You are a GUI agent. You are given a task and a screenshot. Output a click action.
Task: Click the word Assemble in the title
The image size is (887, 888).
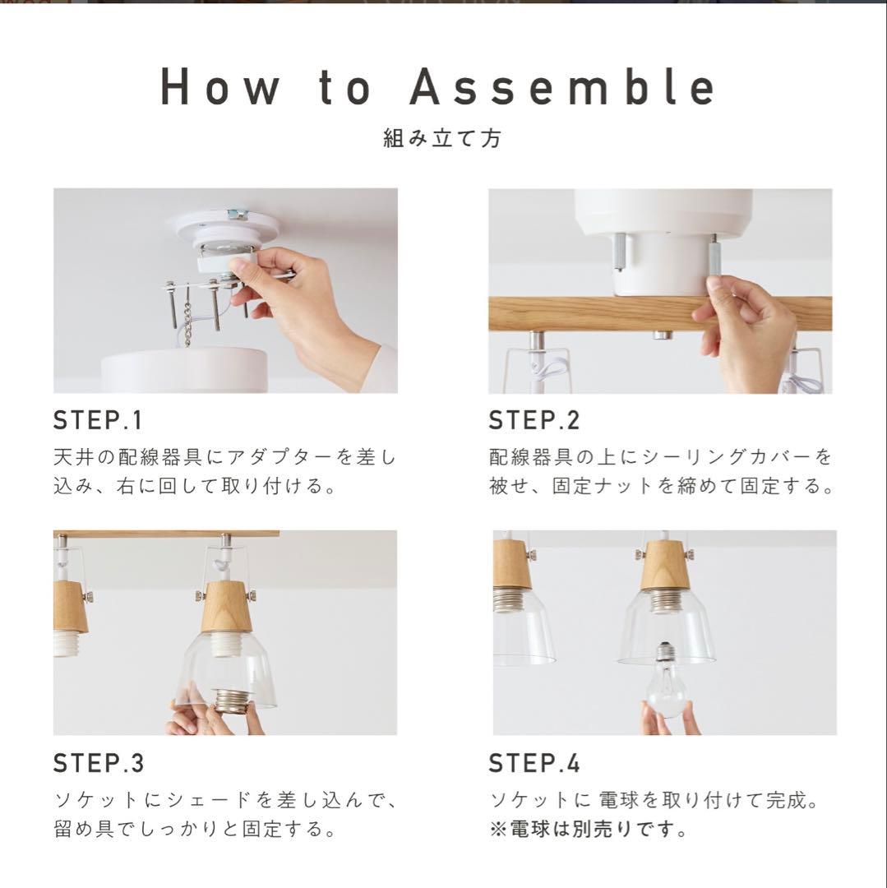563,87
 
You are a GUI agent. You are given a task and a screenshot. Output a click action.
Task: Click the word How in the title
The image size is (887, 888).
220,87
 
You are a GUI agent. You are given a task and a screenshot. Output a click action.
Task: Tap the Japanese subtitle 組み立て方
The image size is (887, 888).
442,138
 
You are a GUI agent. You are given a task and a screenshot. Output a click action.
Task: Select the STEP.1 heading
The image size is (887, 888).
97,420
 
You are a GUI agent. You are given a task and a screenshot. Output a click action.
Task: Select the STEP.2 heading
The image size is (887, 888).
534,420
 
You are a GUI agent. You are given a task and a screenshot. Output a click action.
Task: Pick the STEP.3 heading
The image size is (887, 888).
99,762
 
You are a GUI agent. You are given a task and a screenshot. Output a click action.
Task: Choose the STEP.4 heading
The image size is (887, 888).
534,762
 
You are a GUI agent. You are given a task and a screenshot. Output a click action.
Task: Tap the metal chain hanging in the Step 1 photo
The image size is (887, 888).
188,319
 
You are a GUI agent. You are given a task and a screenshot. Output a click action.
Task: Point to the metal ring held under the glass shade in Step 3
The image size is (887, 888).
232,701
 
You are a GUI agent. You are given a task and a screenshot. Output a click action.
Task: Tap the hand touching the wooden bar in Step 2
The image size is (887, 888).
747,331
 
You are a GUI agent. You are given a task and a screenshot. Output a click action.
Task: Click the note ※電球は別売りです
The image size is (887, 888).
588,829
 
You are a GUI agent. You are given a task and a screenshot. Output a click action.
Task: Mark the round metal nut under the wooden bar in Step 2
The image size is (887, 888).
663,335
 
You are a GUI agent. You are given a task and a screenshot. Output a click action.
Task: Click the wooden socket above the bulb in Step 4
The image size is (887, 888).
666,567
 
